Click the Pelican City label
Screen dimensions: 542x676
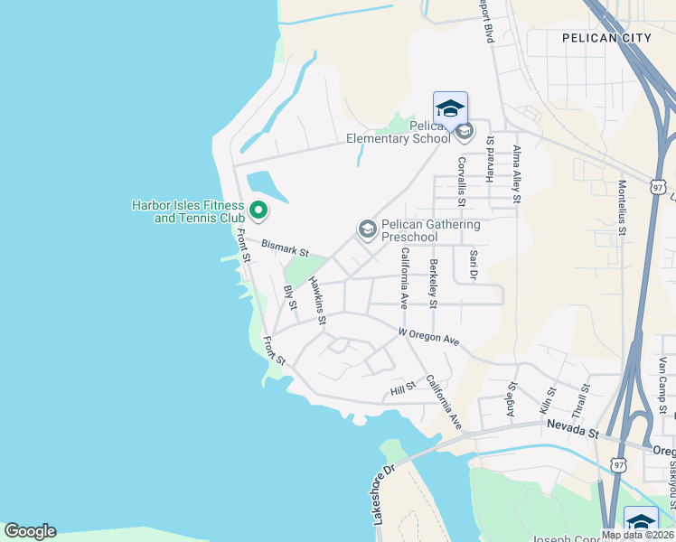tap(606, 38)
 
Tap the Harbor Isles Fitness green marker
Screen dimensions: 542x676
tap(258, 211)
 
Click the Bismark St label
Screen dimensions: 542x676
tap(285, 247)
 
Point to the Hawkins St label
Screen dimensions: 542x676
tap(316, 299)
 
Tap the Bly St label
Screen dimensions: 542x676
tap(291, 297)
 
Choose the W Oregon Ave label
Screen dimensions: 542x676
tap(429, 337)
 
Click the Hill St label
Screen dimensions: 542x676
tap(402, 389)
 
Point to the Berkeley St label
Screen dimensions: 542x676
tap(434, 280)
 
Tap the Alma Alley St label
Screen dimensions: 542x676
tap(517, 175)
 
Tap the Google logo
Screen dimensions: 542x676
tap(30, 531)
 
